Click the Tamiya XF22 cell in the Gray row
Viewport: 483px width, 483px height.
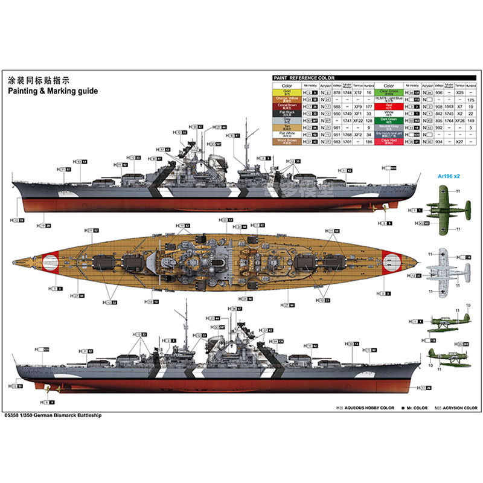pos(358,120)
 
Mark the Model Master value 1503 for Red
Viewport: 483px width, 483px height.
pos(448,106)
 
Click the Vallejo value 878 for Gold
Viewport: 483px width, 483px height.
pos(336,92)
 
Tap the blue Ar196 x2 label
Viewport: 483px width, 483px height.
pos(447,176)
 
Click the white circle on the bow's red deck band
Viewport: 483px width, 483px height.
pos(394,261)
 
